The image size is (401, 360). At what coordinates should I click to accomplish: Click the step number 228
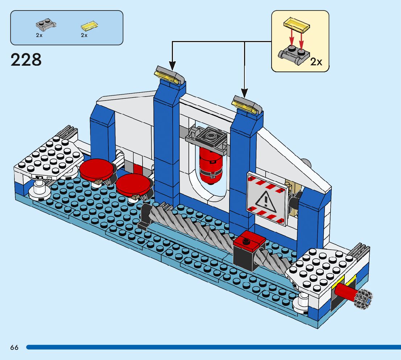coord(26,60)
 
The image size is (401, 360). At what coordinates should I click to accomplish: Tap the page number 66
coord(14,347)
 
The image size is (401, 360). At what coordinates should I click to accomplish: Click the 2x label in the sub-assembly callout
coord(316,62)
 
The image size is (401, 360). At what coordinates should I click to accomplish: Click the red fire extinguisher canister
coord(210,165)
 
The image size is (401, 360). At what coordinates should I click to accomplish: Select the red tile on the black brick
coord(250,240)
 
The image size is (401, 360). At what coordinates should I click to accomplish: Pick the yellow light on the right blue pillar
coord(247,103)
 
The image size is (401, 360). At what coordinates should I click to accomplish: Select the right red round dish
coord(133,183)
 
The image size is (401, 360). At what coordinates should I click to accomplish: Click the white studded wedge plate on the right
coord(322,269)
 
